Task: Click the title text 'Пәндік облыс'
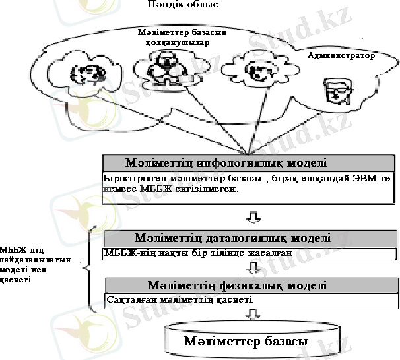183,4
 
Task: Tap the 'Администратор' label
341,55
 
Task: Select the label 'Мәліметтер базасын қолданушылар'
182,37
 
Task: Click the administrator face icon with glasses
339,92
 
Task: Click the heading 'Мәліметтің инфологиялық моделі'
226,163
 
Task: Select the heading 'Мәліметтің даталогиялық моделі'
232,238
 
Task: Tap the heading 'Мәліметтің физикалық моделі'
237,285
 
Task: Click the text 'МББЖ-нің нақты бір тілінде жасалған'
198,253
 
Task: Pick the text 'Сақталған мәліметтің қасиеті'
180,299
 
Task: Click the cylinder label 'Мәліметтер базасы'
246,341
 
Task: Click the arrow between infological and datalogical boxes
253,218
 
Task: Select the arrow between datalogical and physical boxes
253,268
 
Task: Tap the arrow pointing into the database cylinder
253,315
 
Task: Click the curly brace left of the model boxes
90,269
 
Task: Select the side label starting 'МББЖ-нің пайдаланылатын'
35,264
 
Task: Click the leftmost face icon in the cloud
88,75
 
